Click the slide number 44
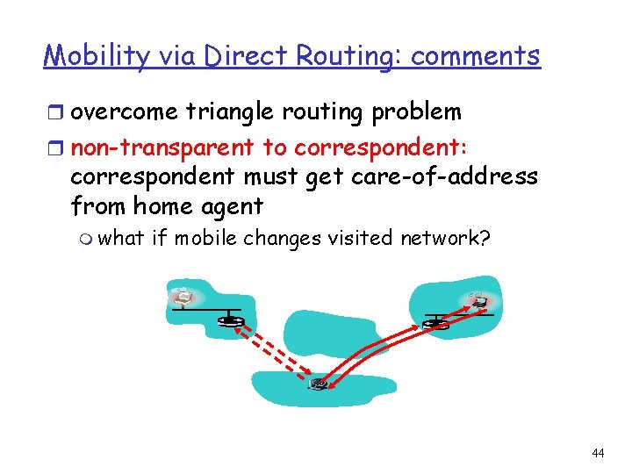598,453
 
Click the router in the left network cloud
231,320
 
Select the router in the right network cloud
434,323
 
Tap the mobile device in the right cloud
479,301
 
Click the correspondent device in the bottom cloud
317,384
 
